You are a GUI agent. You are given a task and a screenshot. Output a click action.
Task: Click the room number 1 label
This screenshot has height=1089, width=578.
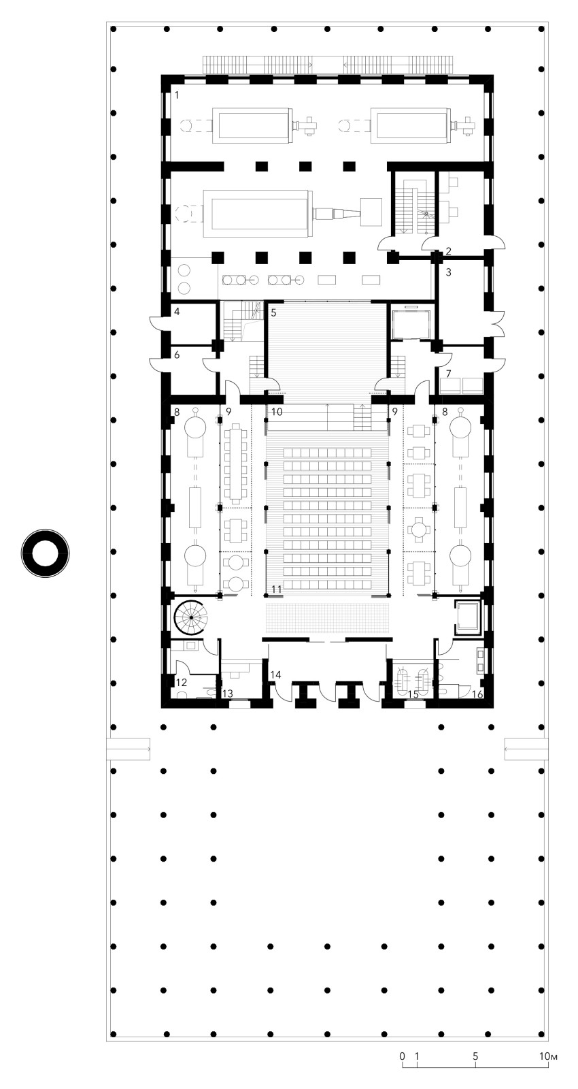click(177, 95)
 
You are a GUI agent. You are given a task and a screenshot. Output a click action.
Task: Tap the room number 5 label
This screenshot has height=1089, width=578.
click(274, 312)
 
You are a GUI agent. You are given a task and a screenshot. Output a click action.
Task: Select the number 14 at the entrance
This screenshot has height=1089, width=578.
click(276, 674)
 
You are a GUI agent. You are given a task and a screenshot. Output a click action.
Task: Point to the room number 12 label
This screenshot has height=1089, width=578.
click(181, 683)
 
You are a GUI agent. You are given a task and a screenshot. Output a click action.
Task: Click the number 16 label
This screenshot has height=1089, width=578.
click(477, 694)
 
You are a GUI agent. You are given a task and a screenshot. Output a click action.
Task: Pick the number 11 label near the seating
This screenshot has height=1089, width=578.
click(276, 589)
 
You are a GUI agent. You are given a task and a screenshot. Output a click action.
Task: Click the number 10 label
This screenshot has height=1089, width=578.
click(277, 412)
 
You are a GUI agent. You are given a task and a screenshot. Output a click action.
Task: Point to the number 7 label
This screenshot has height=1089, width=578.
click(449, 374)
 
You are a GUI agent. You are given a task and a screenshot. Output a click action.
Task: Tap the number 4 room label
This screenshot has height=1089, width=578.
click(177, 312)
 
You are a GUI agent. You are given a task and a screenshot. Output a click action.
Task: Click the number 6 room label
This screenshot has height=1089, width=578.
click(177, 355)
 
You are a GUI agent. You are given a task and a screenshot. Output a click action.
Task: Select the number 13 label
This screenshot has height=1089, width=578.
click(227, 694)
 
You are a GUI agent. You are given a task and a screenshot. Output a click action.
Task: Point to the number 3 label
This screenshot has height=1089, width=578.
click(449, 272)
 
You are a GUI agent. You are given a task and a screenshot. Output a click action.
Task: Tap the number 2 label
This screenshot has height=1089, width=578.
click(449, 251)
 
